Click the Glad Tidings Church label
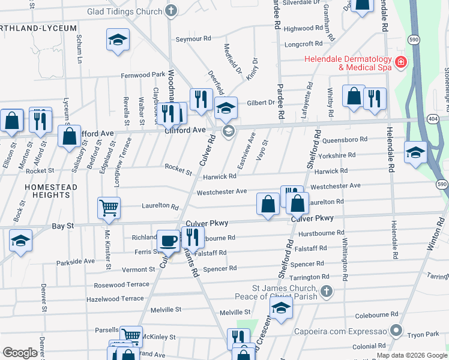pos(124,11)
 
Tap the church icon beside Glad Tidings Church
pos(171,11)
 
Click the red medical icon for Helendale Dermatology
pos(400,62)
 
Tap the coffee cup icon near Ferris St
pos(168,241)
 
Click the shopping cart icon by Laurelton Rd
pos(109,208)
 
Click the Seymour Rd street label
pos(193,38)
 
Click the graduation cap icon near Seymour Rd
pos(118,40)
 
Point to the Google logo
pos(20,353)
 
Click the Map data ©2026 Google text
pos(412,355)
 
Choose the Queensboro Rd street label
pos(345,140)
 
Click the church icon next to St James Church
pos(326,292)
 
